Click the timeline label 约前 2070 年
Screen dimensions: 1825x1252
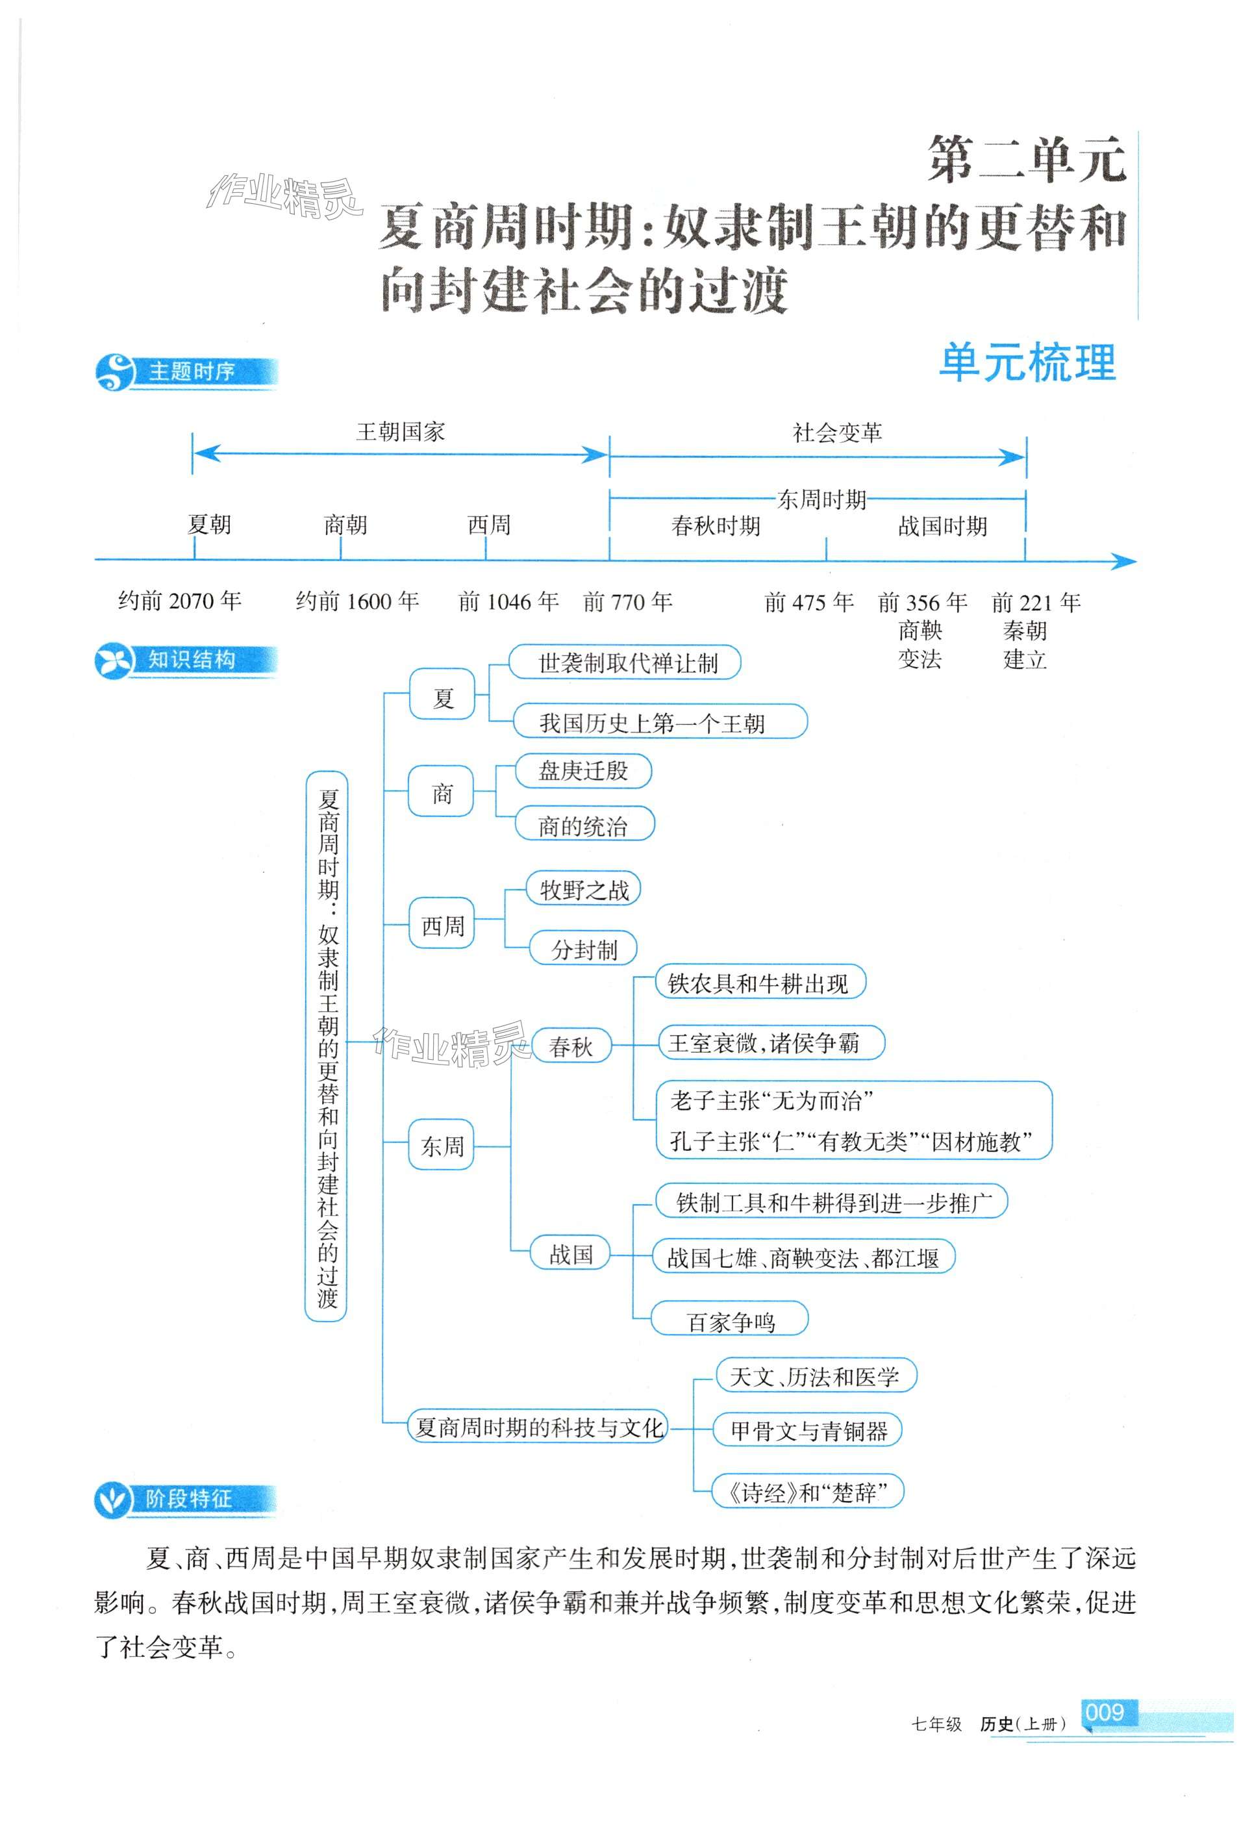[180, 601]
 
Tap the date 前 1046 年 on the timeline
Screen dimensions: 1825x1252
[508, 601]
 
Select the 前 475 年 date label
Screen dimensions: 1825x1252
[808, 602]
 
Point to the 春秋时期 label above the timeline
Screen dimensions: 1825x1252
[716, 525]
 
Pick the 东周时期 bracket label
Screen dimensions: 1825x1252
[821, 499]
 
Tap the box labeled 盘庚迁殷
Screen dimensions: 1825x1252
[582, 771]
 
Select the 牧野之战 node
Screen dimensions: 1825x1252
[584, 890]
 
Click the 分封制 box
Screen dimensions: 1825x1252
[584, 950]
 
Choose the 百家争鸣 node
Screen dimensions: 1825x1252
[731, 1322]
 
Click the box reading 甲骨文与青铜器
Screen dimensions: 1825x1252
[808, 1430]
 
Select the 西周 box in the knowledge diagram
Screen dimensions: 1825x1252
[443, 927]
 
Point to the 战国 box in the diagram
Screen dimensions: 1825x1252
[571, 1254]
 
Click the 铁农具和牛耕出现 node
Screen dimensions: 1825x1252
[758, 983]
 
